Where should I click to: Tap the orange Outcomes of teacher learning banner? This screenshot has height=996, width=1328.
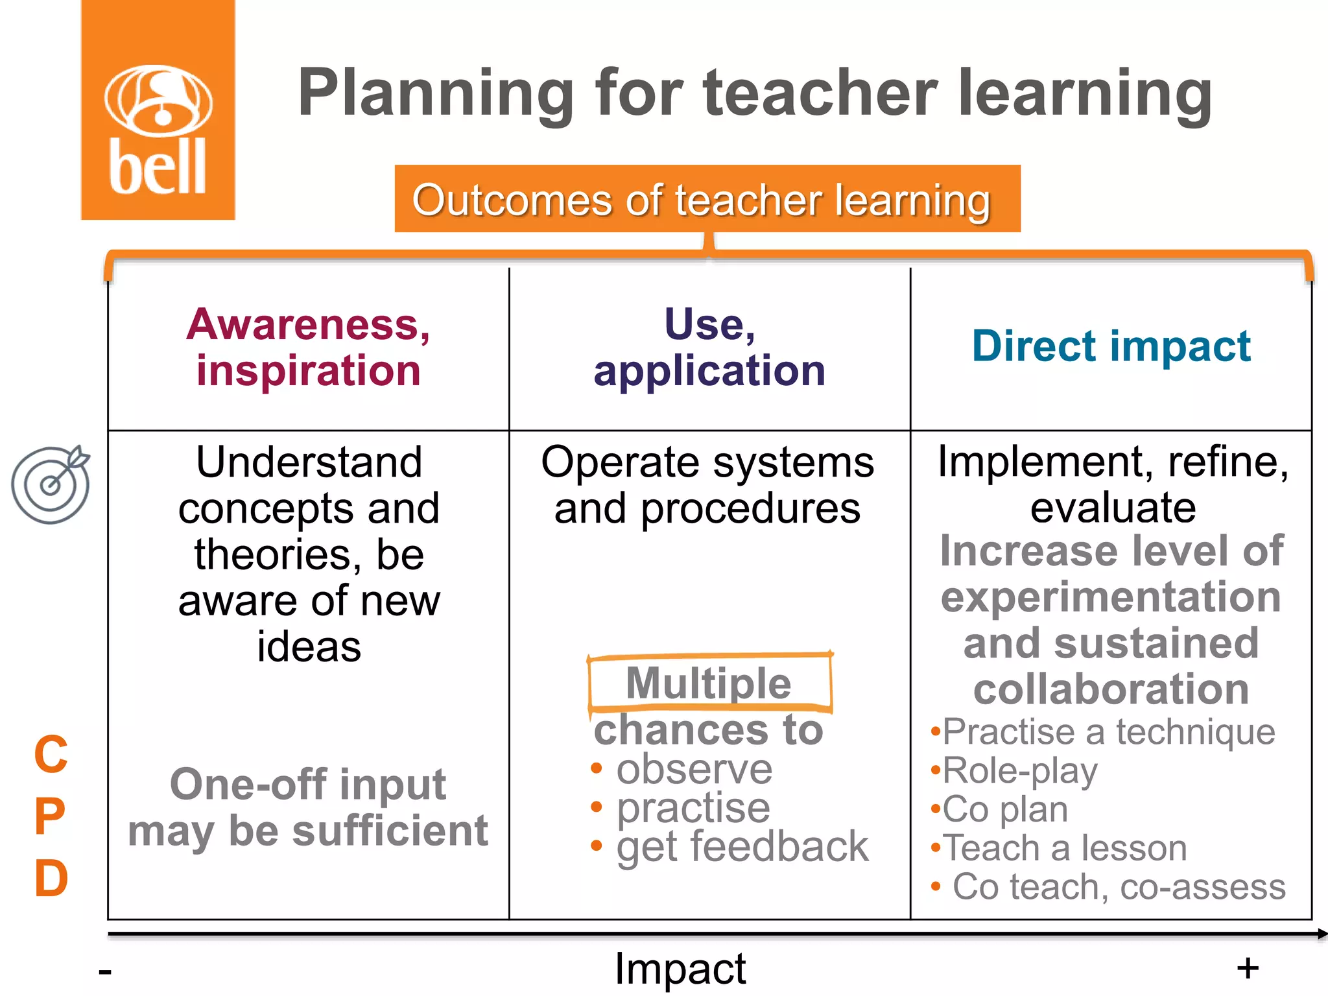tap(707, 199)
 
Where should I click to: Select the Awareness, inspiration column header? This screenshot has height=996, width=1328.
tap(309, 347)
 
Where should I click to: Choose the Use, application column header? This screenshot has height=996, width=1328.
tap(709, 347)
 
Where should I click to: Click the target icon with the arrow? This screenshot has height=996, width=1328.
tap(51, 484)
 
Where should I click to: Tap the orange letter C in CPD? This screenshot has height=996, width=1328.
tap(51, 754)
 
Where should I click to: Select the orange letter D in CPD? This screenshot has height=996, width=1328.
tap(51, 879)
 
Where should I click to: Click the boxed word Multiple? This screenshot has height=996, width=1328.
tap(709, 683)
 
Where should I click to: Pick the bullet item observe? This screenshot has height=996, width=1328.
tap(694, 769)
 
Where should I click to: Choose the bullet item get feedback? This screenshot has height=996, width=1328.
tap(742, 846)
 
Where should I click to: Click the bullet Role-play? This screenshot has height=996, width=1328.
tap(1019, 771)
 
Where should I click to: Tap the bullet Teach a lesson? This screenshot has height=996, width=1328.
tap(1064, 848)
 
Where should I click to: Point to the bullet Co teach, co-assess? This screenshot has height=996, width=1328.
tap(1119, 886)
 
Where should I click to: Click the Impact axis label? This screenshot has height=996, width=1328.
tap(680, 969)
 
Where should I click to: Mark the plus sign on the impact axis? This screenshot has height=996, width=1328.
tap(1247, 969)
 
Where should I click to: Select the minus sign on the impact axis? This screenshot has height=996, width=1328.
tap(105, 971)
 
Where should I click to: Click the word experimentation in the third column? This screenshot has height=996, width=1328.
tap(1111, 597)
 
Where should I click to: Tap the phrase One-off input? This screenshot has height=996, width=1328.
tap(308, 784)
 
